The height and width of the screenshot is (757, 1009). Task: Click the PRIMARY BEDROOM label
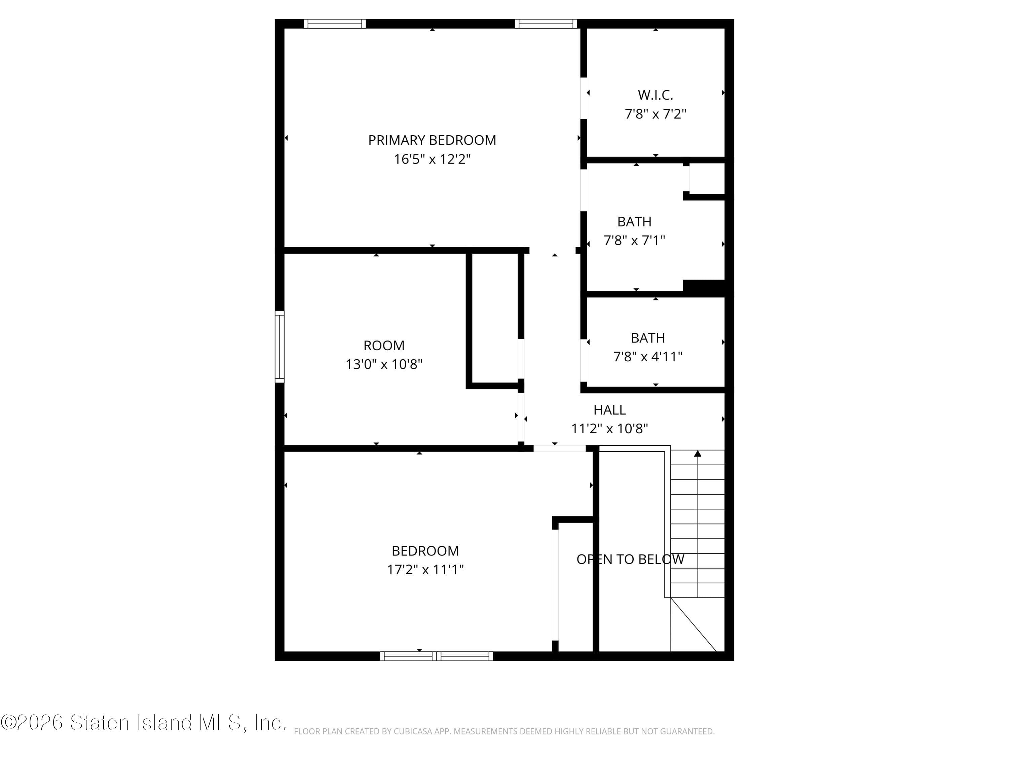[x=432, y=140]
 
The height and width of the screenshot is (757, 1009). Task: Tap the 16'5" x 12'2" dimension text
[x=432, y=159]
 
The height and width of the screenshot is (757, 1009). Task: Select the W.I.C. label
[x=655, y=95]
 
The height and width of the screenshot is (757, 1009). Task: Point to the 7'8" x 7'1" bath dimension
[x=634, y=241]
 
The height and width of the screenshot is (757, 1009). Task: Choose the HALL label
[x=609, y=410]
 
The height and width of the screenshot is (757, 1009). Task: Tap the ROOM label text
[x=384, y=346]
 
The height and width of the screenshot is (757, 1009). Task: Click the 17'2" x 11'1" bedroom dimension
[x=425, y=570]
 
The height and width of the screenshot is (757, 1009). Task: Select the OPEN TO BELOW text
[x=630, y=560]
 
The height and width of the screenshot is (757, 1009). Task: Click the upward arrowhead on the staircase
[x=698, y=454]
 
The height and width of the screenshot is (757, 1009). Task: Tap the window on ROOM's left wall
[x=279, y=347]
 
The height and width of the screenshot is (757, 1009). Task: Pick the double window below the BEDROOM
[x=437, y=656]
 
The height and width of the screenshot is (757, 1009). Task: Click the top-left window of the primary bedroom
[x=335, y=24]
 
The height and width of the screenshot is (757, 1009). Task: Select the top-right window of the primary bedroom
[x=546, y=24]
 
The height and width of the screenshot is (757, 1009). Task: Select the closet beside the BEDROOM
[x=575, y=586]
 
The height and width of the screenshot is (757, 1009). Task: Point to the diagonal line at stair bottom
[x=693, y=625]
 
